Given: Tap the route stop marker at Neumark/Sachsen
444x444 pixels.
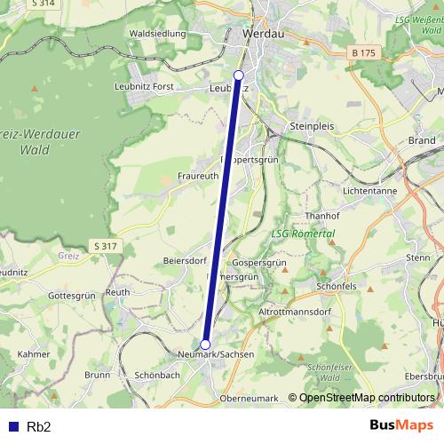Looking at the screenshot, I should click(x=205, y=345).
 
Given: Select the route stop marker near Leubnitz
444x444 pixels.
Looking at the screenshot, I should click(x=238, y=75).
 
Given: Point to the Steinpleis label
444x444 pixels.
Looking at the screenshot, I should click(x=312, y=127).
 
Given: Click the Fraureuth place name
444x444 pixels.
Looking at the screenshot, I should click(x=198, y=176).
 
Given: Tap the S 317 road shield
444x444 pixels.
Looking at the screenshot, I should click(x=104, y=245).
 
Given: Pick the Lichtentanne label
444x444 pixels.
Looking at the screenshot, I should click(x=370, y=191).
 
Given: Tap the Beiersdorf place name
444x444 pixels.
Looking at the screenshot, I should click(x=185, y=261).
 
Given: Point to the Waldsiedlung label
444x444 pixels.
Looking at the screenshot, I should click(x=157, y=34).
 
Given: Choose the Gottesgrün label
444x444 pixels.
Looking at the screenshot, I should click(x=71, y=295).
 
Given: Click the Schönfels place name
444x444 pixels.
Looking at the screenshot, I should click(x=337, y=287).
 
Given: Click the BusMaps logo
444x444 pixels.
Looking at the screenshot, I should click(x=401, y=425).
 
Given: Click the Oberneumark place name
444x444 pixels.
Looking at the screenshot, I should click(x=249, y=398).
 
